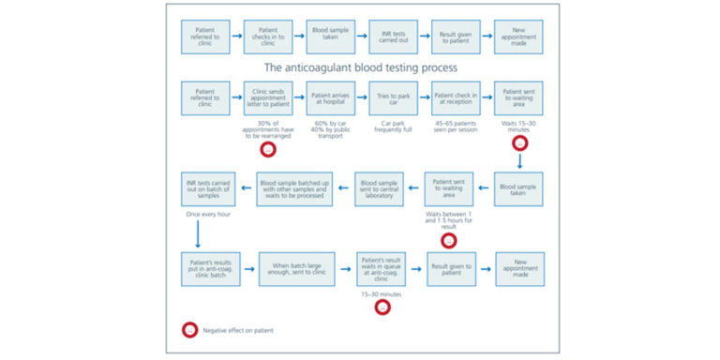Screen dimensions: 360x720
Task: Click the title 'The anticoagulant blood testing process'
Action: [360, 67]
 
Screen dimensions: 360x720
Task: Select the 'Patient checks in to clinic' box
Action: [267, 37]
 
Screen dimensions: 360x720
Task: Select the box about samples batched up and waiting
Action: [296, 188]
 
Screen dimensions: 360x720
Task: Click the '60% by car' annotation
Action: [330, 122]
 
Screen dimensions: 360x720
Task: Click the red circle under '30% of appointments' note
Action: [267, 150]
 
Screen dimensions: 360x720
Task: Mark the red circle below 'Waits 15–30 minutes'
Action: [518, 143]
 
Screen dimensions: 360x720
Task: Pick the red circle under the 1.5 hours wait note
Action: [449, 241]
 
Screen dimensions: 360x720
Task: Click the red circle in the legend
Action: [190, 330]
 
